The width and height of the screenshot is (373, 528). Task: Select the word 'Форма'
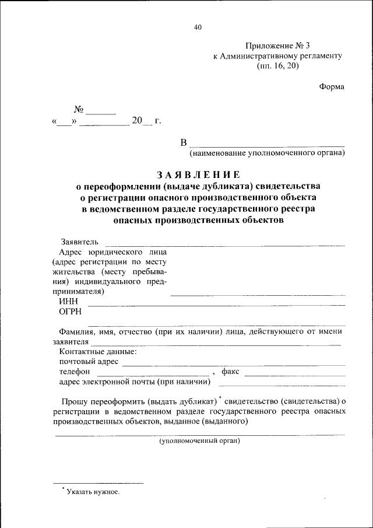(332, 86)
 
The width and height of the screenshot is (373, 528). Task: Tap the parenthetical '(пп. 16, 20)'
(277, 67)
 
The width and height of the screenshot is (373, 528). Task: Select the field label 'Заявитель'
(80, 242)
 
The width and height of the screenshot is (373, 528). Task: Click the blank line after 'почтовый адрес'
(233, 363)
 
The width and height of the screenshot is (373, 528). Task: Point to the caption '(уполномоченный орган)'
(200, 441)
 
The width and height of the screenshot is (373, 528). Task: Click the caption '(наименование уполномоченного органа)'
(267, 153)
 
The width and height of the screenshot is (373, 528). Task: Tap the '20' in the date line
(137, 121)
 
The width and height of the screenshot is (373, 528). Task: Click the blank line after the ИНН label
(216, 304)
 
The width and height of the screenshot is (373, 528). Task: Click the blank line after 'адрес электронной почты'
(281, 384)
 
